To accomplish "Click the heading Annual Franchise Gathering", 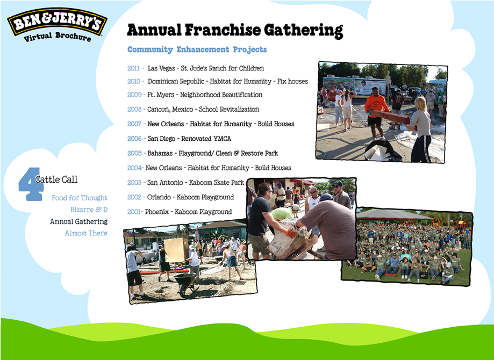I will (235, 30).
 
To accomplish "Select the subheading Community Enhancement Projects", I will (197, 50).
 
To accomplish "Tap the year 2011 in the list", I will (133, 69).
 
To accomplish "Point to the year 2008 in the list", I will (134, 110).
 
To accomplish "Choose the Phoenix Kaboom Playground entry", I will (188, 212).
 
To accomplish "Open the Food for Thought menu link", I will (80, 198).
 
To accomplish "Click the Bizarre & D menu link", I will (89, 210).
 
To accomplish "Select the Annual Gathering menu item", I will (78, 221).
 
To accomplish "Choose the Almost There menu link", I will (86, 233).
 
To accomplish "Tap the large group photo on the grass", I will (407, 245).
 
